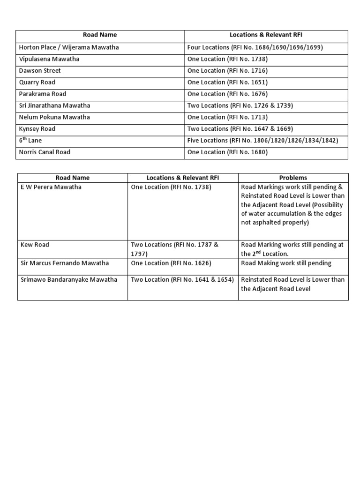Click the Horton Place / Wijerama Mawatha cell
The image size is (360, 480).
pos(69,47)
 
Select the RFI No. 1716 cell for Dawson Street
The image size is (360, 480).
pos(227,71)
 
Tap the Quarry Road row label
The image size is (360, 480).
pos(37,82)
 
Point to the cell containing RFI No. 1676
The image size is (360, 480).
pos(227,94)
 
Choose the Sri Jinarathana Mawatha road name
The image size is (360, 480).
pos(54,105)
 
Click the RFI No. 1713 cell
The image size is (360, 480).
pos(227,117)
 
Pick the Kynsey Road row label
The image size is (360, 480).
pos(37,129)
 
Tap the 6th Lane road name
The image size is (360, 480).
pos(30,141)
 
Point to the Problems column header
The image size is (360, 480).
pos(293,178)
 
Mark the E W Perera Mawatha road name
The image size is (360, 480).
pos(51,187)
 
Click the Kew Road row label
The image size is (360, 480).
pos(35,245)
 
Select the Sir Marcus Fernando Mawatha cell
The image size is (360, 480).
pos(65,263)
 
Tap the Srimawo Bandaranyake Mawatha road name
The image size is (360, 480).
pos(68,279)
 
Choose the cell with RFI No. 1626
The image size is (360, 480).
pos(171,263)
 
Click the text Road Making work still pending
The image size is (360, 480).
pos(286,263)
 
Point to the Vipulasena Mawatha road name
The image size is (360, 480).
pos(49,59)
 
